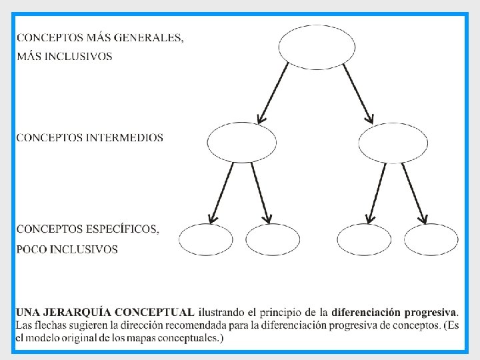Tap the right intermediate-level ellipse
(x=393, y=143)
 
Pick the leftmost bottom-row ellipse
(x=206, y=239)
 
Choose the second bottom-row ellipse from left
(x=273, y=239)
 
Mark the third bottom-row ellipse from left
(x=365, y=239)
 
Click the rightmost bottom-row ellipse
(x=431, y=239)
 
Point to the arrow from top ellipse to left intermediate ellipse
(x=273, y=93)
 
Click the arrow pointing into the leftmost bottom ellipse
(x=222, y=193)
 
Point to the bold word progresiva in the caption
(x=429, y=312)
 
